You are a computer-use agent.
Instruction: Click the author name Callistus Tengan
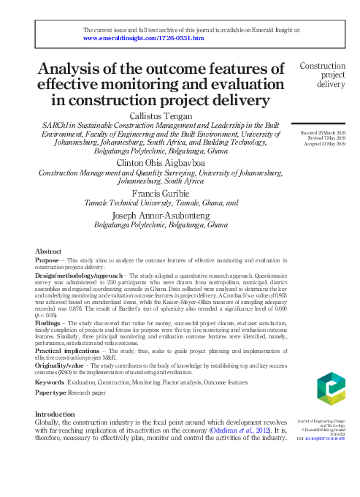160,116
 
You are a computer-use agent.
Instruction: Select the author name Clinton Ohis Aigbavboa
161,162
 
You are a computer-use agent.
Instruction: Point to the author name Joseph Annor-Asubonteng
161,216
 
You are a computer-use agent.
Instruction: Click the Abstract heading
48,250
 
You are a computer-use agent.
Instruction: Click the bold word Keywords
49,382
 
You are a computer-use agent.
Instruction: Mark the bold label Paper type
51,392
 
